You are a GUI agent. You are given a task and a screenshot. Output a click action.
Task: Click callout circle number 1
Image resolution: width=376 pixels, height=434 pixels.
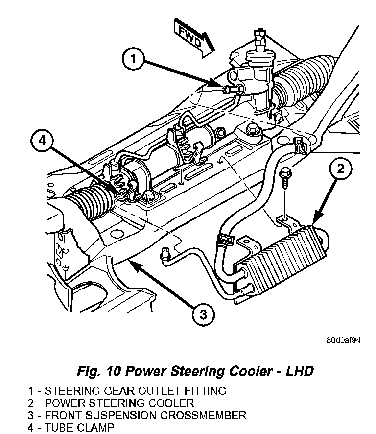[x=133, y=59]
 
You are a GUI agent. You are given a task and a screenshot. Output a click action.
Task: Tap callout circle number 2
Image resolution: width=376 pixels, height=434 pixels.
[x=341, y=169]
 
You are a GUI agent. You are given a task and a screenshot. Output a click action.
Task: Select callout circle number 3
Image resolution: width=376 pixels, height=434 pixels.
[x=203, y=314]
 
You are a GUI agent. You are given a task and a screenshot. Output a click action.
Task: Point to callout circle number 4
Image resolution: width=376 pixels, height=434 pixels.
[x=42, y=141]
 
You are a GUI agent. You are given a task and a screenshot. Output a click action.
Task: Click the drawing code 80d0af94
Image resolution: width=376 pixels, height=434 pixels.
[x=343, y=340]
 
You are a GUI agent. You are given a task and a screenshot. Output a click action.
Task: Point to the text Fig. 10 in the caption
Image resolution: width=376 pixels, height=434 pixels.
[x=99, y=371]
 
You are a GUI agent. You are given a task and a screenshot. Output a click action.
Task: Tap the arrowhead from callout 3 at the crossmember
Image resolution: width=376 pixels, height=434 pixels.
[x=135, y=265]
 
